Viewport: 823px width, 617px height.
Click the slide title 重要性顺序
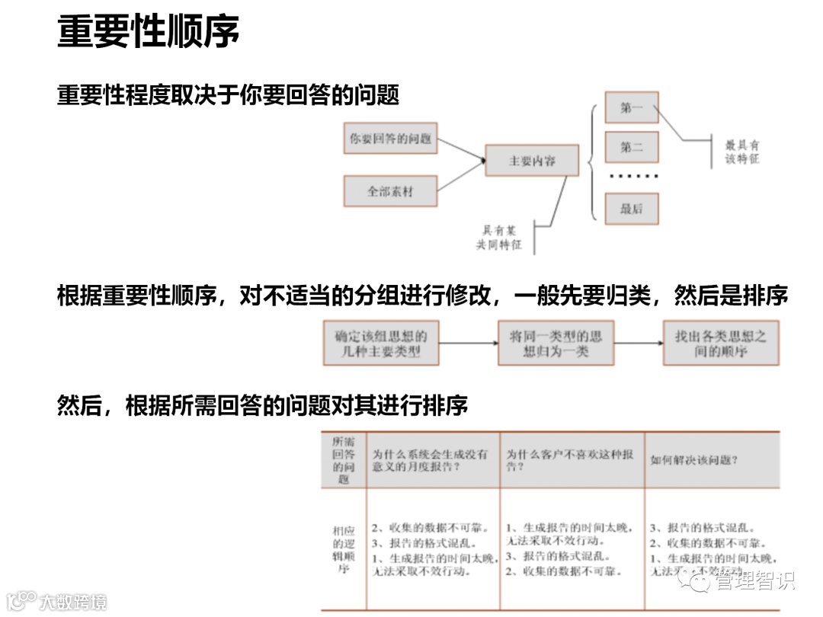coord(148,31)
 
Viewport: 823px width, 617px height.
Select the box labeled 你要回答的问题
coord(390,139)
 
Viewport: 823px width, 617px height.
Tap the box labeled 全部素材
coord(390,191)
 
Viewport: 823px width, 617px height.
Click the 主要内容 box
coord(532,161)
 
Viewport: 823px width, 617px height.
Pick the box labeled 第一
coord(631,108)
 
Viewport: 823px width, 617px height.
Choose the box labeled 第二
coord(631,148)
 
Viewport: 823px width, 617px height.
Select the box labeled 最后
coord(631,209)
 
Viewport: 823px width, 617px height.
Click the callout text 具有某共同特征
coord(499,238)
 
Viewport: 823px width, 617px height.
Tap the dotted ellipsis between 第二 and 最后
coord(632,177)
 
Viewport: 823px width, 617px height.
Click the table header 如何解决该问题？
coord(693,460)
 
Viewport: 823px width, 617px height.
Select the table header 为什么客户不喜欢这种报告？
coord(570,460)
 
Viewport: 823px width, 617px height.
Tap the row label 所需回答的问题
coord(344,460)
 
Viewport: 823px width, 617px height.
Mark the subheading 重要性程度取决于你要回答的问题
coord(229,96)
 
